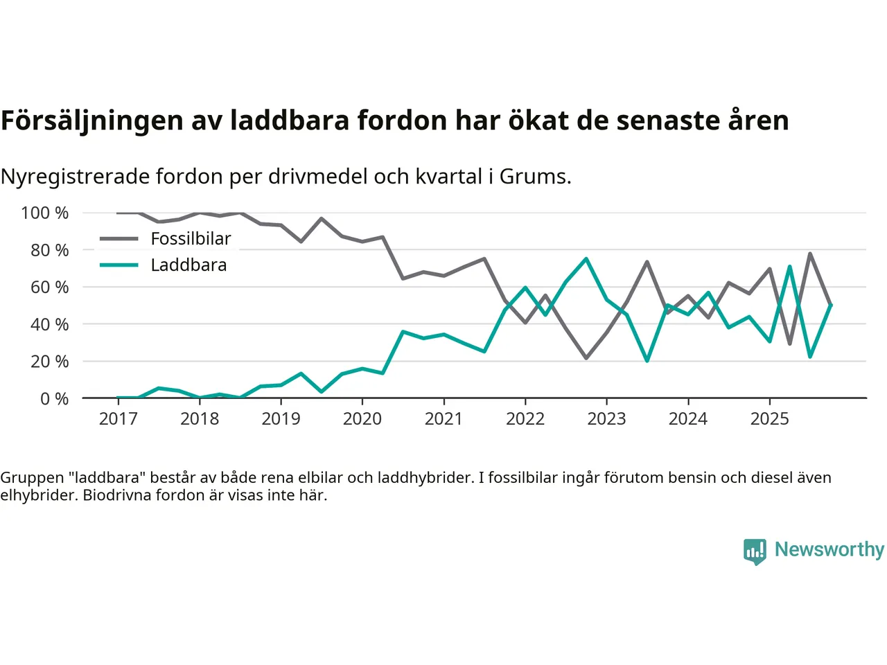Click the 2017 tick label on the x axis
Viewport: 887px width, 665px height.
point(118,418)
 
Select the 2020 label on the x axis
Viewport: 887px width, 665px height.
point(362,418)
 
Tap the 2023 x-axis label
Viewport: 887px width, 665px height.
point(606,418)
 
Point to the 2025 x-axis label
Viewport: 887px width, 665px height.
point(769,418)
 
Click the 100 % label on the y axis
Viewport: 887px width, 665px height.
point(45,213)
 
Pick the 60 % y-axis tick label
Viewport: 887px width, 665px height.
point(49,287)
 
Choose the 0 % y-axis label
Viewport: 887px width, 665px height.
point(54,398)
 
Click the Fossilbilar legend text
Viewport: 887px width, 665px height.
point(191,239)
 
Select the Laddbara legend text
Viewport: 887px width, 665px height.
point(188,265)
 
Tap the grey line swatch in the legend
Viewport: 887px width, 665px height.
point(118,239)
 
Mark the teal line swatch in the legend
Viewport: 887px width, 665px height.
point(118,265)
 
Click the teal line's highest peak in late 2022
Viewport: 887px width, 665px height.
point(586,259)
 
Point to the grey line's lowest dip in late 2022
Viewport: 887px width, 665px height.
point(586,358)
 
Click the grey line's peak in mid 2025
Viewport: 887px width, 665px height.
point(810,254)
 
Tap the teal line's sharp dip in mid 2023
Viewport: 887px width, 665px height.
point(647,361)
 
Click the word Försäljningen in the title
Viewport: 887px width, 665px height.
point(91,121)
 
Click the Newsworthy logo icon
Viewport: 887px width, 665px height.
point(755,551)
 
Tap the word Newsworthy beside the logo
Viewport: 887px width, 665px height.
point(829,549)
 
